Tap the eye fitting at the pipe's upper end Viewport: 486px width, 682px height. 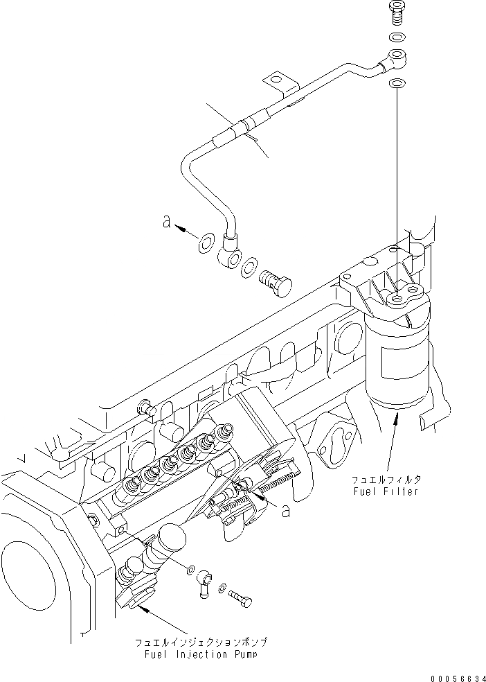pos(396,57)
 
